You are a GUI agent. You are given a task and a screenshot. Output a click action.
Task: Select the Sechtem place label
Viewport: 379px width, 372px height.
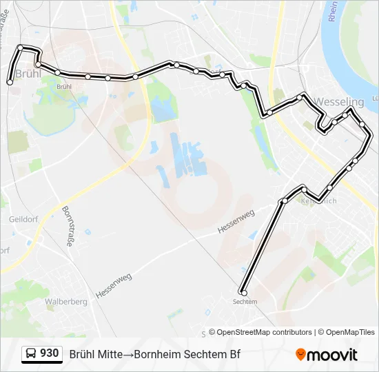(x=245, y=302)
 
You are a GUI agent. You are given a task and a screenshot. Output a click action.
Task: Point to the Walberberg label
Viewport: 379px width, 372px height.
(x=65, y=301)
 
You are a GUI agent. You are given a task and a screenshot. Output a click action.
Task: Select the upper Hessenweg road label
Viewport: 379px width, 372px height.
(x=236, y=223)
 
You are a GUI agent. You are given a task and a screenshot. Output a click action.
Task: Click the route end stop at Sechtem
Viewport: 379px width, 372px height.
(x=243, y=293)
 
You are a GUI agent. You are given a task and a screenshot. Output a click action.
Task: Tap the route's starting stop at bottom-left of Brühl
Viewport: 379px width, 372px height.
(x=10, y=82)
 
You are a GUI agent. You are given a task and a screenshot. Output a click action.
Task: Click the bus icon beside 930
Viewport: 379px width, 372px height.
(x=31, y=354)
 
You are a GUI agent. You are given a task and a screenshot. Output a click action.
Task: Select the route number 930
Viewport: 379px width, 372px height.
(x=49, y=353)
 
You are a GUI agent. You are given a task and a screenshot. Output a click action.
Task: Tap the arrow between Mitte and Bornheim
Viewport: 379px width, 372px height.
(x=128, y=355)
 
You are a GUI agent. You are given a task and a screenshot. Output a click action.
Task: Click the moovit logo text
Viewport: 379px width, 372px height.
(x=332, y=355)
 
